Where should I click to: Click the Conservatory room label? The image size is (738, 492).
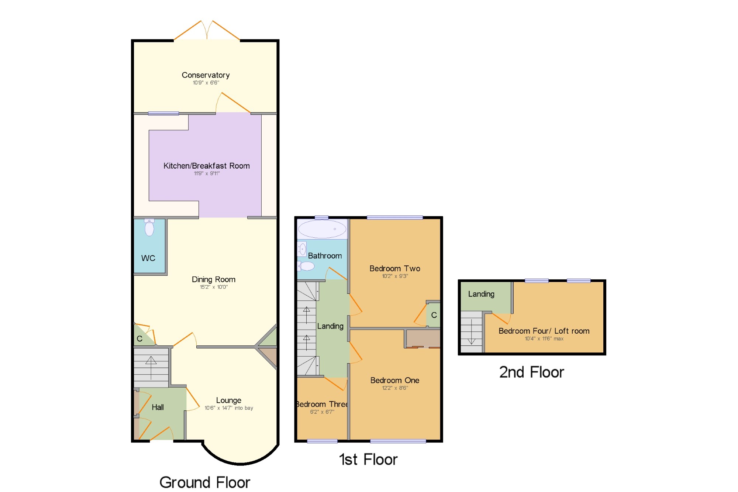pyautogui.click(x=206, y=75)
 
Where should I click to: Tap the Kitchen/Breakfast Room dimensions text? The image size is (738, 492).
pyautogui.click(x=207, y=173)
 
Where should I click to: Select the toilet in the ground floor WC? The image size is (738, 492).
pyautogui.click(x=149, y=227)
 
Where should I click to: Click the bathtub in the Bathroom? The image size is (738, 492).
pyautogui.click(x=322, y=229)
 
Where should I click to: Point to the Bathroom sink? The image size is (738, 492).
pyautogui.click(x=302, y=249)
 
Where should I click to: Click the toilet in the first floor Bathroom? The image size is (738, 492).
pyautogui.click(x=306, y=266)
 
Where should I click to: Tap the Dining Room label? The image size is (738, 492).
pyautogui.click(x=214, y=279)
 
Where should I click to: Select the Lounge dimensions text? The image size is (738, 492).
pyautogui.click(x=229, y=408)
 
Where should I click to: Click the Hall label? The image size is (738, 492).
pyautogui.click(x=158, y=407)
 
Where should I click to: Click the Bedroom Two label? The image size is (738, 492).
pyautogui.click(x=395, y=268)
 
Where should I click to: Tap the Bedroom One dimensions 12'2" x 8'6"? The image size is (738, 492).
pyautogui.click(x=395, y=388)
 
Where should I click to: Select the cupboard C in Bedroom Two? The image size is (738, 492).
pyautogui.click(x=434, y=315)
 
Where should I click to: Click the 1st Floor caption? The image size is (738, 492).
pyautogui.click(x=368, y=460)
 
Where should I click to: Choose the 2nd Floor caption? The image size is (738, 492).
pyautogui.click(x=532, y=372)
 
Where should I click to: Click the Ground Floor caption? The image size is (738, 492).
pyautogui.click(x=205, y=482)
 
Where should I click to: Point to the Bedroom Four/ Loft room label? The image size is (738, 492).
pyautogui.click(x=544, y=331)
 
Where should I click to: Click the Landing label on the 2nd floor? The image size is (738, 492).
pyautogui.click(x=481, y=294)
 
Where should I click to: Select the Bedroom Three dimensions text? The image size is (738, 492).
pyautogui.click(x=322, y=412)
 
